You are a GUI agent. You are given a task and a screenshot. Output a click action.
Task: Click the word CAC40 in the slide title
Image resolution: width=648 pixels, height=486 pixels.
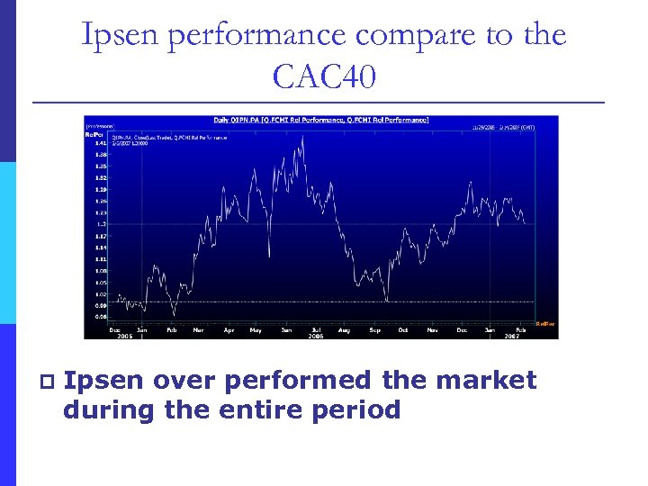(x=324, y=76)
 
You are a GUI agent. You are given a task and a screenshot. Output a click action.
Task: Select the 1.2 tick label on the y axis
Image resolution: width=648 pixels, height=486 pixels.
(x=102, y=223)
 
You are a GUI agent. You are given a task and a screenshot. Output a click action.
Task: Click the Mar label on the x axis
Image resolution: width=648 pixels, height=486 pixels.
(x=199, y=330)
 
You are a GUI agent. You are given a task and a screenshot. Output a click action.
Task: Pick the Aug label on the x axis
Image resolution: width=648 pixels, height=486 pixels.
(x=344, y=330)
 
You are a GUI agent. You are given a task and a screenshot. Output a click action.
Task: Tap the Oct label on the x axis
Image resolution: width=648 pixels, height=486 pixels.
(x=403, y=330)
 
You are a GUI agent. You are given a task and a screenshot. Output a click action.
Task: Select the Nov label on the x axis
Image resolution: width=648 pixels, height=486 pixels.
(x=432, y=330)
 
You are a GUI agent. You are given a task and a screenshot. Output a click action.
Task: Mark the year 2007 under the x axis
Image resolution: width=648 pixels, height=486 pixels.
(x=510, y=336)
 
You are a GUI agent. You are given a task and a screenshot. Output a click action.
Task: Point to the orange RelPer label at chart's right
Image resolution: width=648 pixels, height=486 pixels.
(x=545, y=323)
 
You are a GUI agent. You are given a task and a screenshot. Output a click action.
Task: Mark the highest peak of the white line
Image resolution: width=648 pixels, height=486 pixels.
(x=301, y=137)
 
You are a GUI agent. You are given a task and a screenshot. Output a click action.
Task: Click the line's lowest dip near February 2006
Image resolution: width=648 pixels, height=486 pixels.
(x=173, y=314)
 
